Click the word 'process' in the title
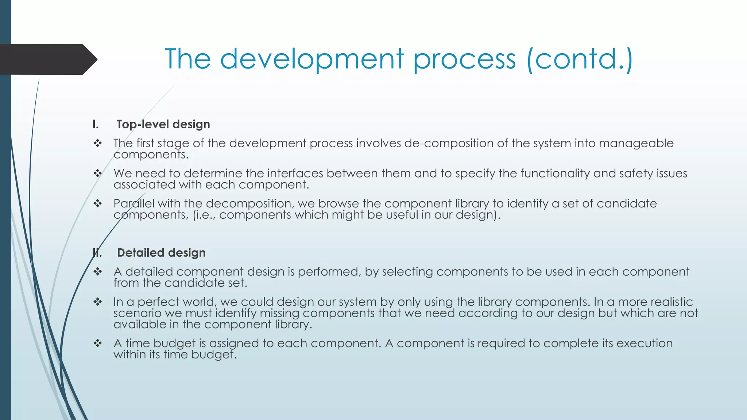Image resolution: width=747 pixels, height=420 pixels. pos(464,59)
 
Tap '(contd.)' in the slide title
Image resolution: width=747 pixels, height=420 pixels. pos(580,59)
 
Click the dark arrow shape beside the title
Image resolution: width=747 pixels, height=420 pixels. pos(47,59)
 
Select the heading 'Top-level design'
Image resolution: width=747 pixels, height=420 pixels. pos(163,124)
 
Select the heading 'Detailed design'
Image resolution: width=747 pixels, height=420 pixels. pos(161,253)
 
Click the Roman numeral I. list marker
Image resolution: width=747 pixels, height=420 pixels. pos(96,124)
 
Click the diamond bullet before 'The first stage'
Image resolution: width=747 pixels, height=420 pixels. pos(97,143)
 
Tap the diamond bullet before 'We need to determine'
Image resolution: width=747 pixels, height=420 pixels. pos(97,173)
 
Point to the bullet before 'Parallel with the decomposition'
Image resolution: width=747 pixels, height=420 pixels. pos(97,203)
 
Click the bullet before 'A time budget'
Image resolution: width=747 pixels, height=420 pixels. pos(97,343)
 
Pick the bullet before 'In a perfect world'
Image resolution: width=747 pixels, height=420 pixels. pos(97,302)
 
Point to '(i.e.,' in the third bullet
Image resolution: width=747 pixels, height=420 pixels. pos(204,215)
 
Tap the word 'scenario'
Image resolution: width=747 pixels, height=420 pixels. pos(137,313)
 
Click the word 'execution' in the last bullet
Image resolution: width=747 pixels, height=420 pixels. pos(645,343)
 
